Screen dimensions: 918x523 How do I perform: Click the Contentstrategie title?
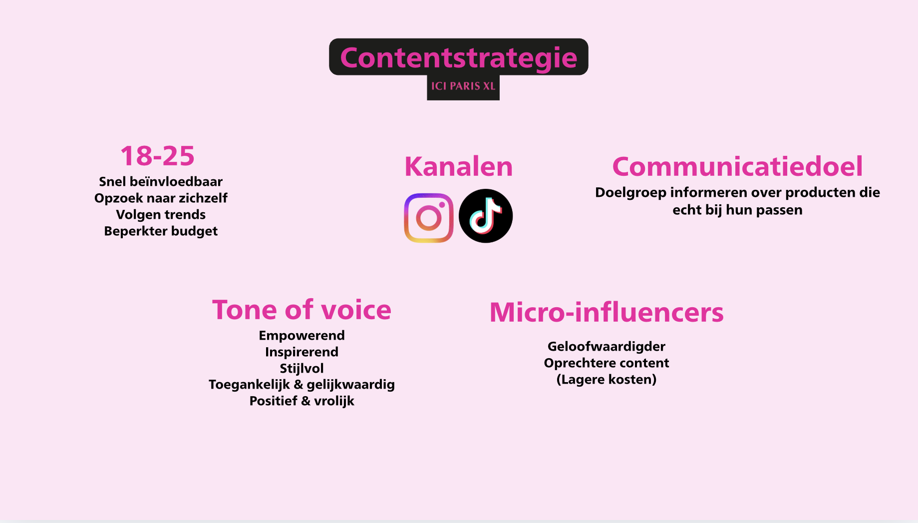(459, 58)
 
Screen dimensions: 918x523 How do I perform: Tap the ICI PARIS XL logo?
(463, 86)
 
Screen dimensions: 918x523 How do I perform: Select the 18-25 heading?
(158, 156)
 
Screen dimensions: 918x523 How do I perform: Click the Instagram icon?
(429, 218)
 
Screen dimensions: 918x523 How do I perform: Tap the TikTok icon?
(486, 216)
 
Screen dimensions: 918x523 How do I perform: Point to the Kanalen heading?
(459, 166)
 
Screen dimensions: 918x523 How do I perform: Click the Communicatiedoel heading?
(737, 166)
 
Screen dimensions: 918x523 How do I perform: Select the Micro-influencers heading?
(607, 312)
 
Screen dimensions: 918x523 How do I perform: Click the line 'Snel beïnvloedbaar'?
(161, 181)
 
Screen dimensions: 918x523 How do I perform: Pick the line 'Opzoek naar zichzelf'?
(161, 198)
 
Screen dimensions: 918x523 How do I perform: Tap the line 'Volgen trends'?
(161, 215)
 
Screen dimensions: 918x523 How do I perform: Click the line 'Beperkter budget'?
(161, 231)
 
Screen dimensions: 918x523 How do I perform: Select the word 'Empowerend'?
(302, 336)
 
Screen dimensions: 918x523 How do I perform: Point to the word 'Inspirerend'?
(302, 352)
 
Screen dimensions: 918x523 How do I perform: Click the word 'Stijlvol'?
(302, 369)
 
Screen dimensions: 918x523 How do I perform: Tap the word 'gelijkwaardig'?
(350, 385)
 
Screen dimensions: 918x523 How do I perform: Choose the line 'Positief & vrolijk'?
(302, 401)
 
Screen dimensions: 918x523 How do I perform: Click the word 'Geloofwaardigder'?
(607, 347)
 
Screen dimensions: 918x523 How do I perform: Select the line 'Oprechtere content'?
(607, 363)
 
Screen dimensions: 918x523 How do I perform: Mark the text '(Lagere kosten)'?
(607, 380)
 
